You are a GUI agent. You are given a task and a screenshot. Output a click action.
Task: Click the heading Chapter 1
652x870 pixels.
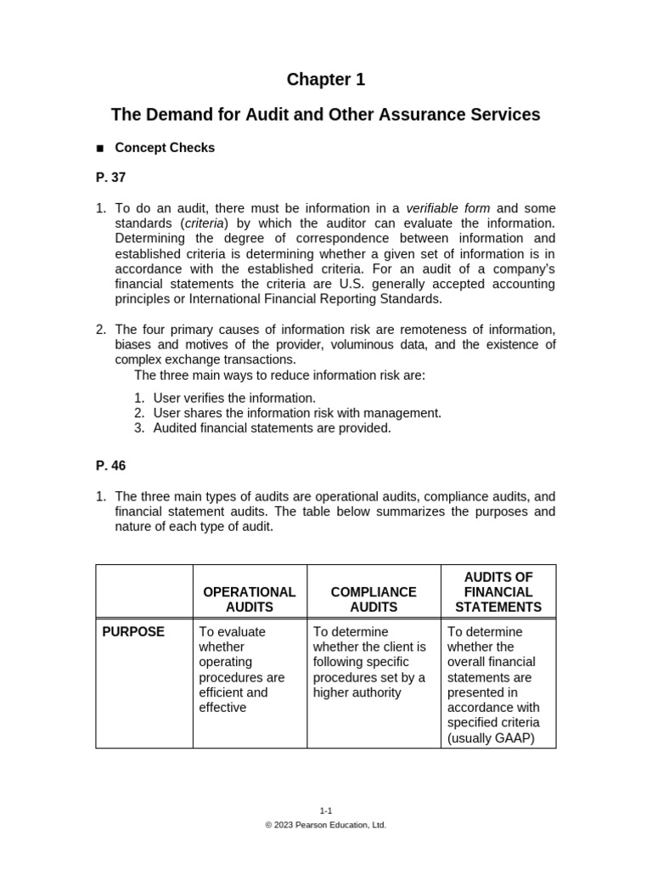click(x=325, y=80)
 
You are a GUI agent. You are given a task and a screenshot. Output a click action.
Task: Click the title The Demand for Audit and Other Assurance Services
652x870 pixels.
click(x=325, y=115)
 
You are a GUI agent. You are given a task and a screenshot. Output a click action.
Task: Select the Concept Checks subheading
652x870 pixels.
click(x=165, y=148)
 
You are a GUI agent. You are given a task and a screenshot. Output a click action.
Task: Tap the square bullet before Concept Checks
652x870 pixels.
click(x=99, y=149)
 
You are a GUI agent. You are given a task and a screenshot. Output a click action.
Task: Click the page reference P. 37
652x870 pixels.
click(x=110, y=178)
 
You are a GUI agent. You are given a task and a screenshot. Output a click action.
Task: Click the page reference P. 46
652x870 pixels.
click(x=110, y=466)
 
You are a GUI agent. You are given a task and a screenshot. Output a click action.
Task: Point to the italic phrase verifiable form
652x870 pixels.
click(x=448, y=208)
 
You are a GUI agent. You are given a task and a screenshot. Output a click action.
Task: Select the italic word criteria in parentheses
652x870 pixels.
click(x=203, y=223)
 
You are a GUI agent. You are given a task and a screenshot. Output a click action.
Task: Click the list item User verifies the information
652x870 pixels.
click(x=234, y=398)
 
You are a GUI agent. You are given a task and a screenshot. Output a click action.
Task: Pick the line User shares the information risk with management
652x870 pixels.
click(x=297, y=413)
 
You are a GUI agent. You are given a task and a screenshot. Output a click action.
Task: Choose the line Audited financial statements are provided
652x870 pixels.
click(x=272, y=428)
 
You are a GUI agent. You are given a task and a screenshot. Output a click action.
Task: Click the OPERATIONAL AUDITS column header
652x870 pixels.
click(x=250, y=599)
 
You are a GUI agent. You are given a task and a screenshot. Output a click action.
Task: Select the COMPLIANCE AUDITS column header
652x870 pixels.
click(x=374, y=599)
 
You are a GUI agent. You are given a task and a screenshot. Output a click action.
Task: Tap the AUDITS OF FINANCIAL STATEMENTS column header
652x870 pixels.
click(x=498, y=592)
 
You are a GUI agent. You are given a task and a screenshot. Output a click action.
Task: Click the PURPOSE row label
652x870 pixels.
click(x=133, y=632)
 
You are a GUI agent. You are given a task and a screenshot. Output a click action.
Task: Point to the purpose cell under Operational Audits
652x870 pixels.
click(x=241, y=669)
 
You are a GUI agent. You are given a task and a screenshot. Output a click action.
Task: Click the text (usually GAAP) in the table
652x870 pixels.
click(x=491, y=737)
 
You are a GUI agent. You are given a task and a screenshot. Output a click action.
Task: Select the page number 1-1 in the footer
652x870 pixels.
click(x=325, y=811)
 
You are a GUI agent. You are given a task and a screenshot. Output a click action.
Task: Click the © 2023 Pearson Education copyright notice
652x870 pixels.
click(x=325, y=825)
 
